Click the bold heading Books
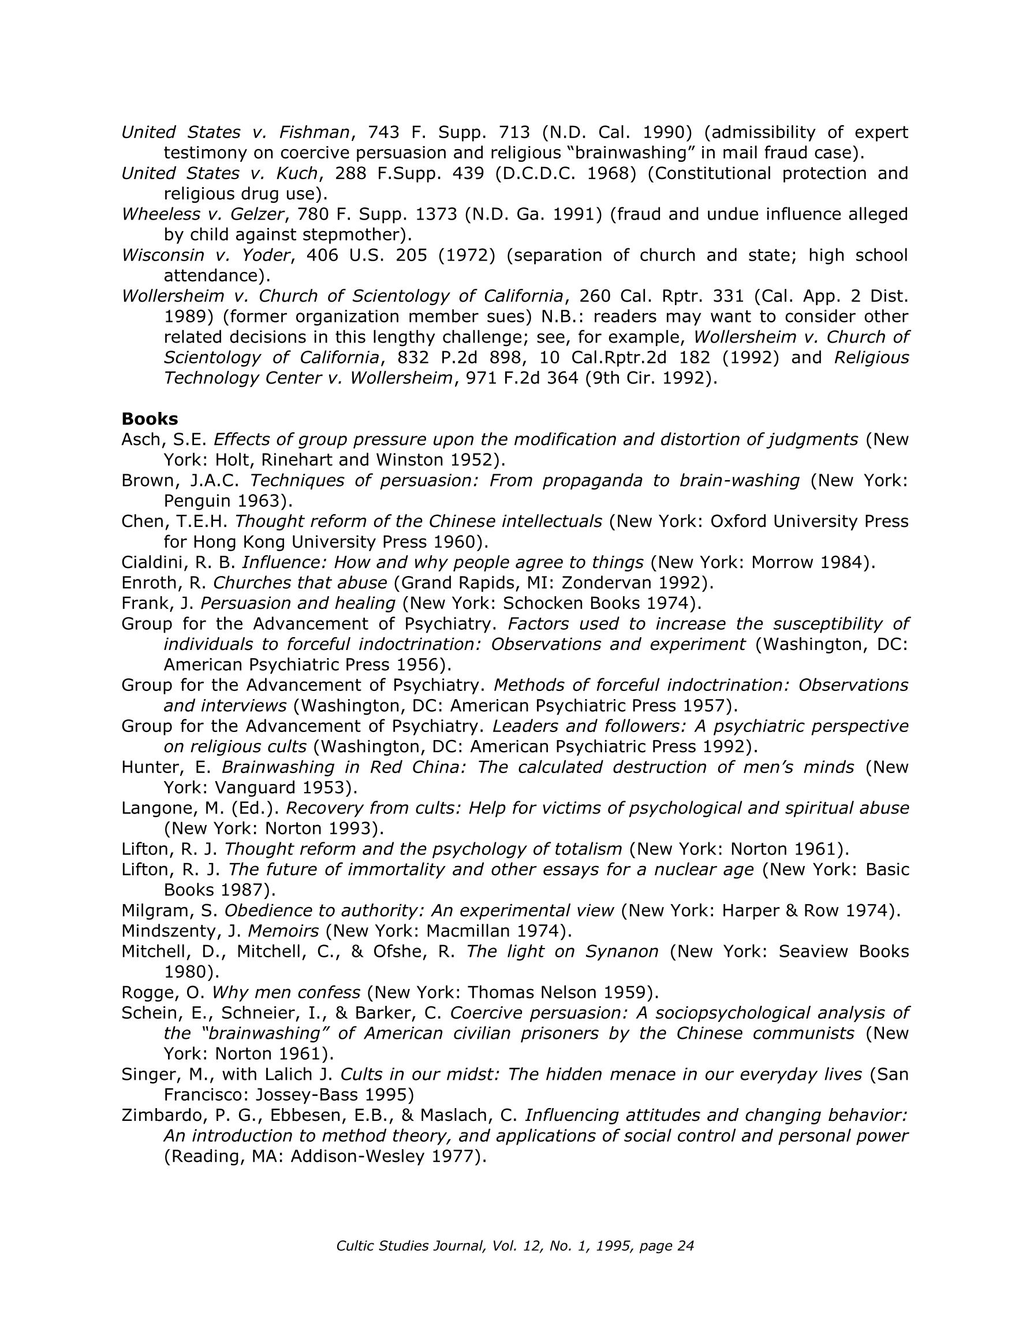click(150, 419)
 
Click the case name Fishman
click(314, 132)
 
